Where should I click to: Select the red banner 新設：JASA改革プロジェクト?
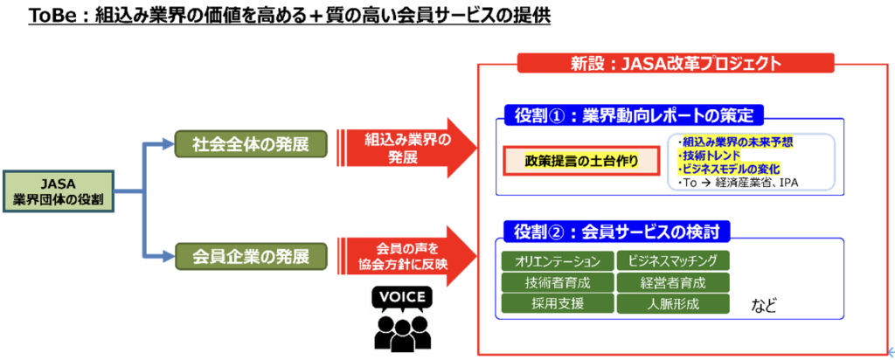click(675, 63)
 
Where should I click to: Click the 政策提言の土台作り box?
click(581, 161)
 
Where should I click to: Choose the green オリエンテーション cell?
click(557, 261)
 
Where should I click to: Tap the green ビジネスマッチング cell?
click(673, 261)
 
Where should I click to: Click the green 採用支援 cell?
click(557, 303)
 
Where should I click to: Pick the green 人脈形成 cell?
click(673, 303)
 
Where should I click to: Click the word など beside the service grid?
click(765, 305)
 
